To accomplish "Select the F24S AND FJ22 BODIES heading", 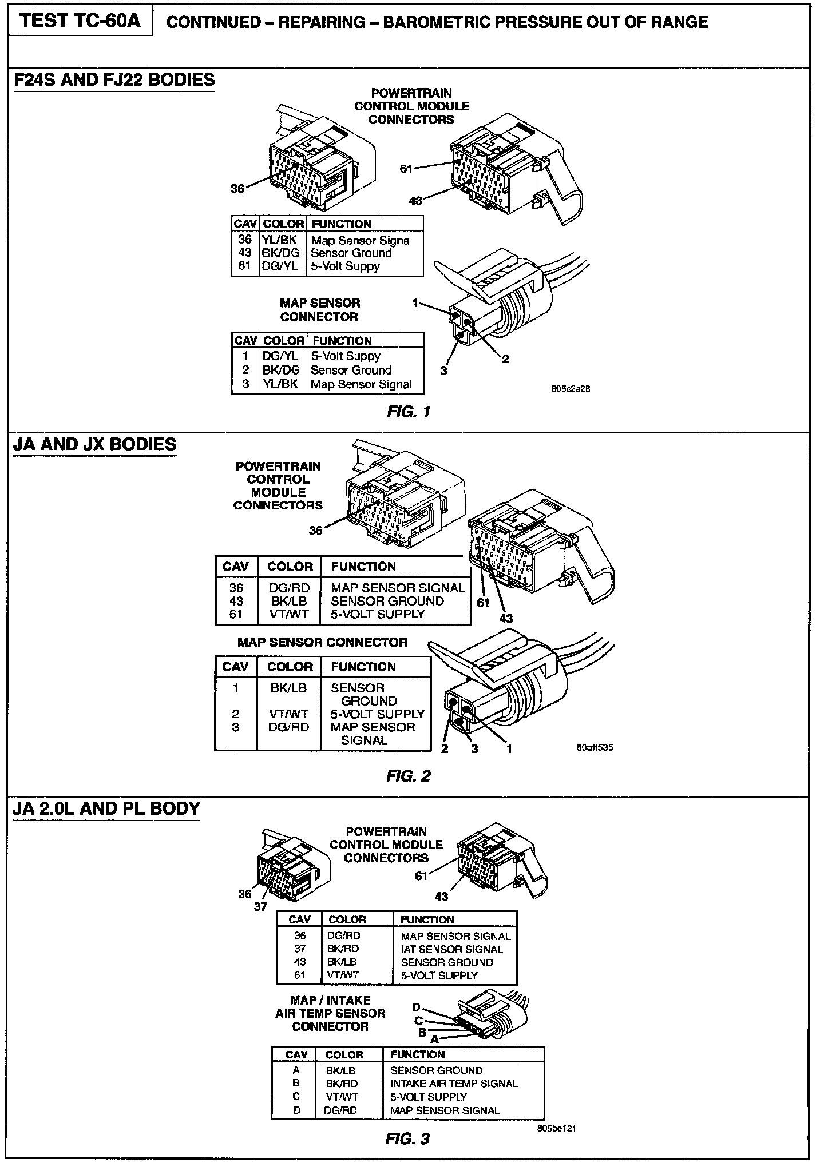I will click(114, 79).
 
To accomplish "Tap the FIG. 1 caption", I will click(408, 411).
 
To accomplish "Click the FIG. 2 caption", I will click(408, 776).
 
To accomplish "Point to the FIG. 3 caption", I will click(407, 1139).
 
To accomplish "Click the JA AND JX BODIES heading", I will click(94, 444).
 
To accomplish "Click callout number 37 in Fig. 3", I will click(260, 906).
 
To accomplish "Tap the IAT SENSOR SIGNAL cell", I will click(451, 949).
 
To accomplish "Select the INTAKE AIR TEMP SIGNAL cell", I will click(454, 1083).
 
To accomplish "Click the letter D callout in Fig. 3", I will click(417, 1007).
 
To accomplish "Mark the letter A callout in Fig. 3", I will click(435, 1039).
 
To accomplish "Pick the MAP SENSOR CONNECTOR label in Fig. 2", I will click(322, 642).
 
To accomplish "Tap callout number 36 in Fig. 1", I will click(237, 189).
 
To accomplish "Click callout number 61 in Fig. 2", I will click(484, 602).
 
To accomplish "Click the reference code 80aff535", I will click(595, 747).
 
